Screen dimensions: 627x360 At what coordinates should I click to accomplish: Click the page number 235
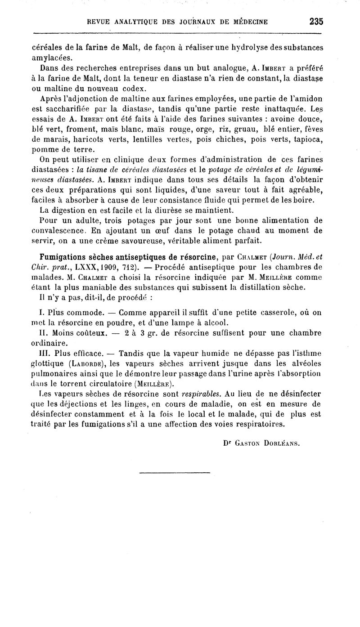316,21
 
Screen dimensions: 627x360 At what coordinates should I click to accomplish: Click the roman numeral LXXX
76,267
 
